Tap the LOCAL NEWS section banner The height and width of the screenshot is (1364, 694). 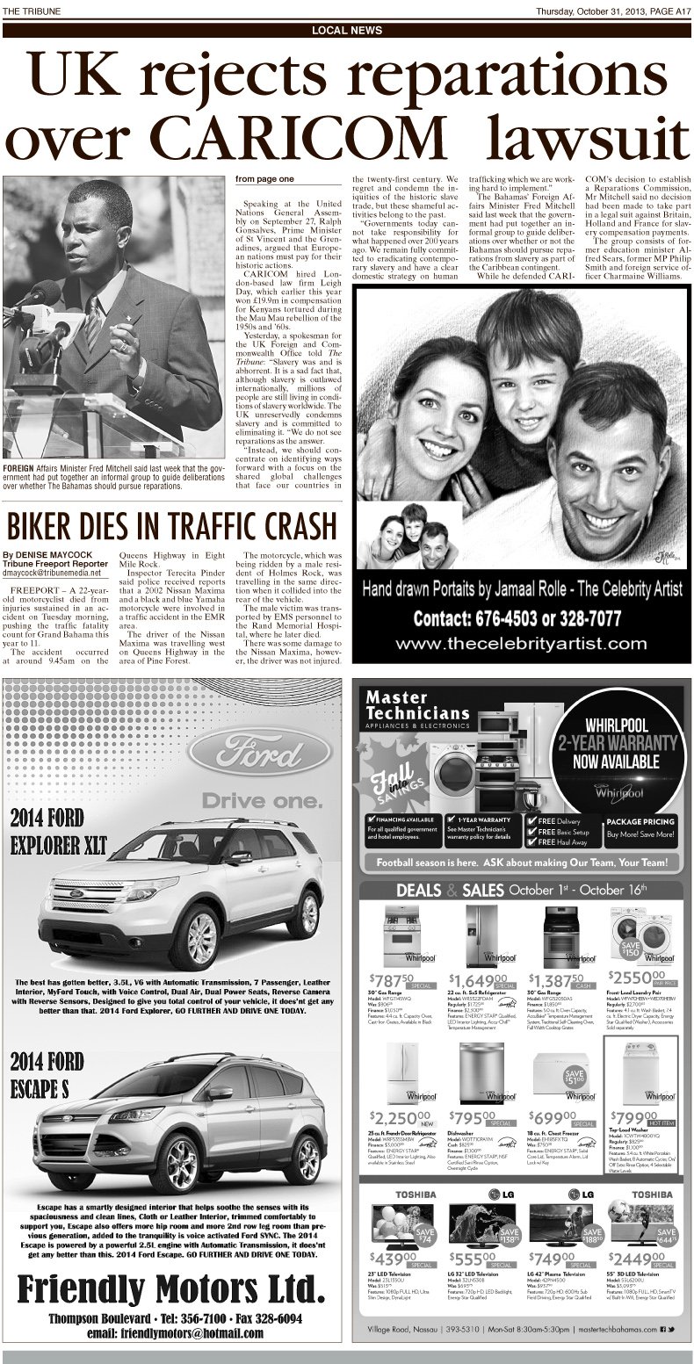346,31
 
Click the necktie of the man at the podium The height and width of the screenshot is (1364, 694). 91,321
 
